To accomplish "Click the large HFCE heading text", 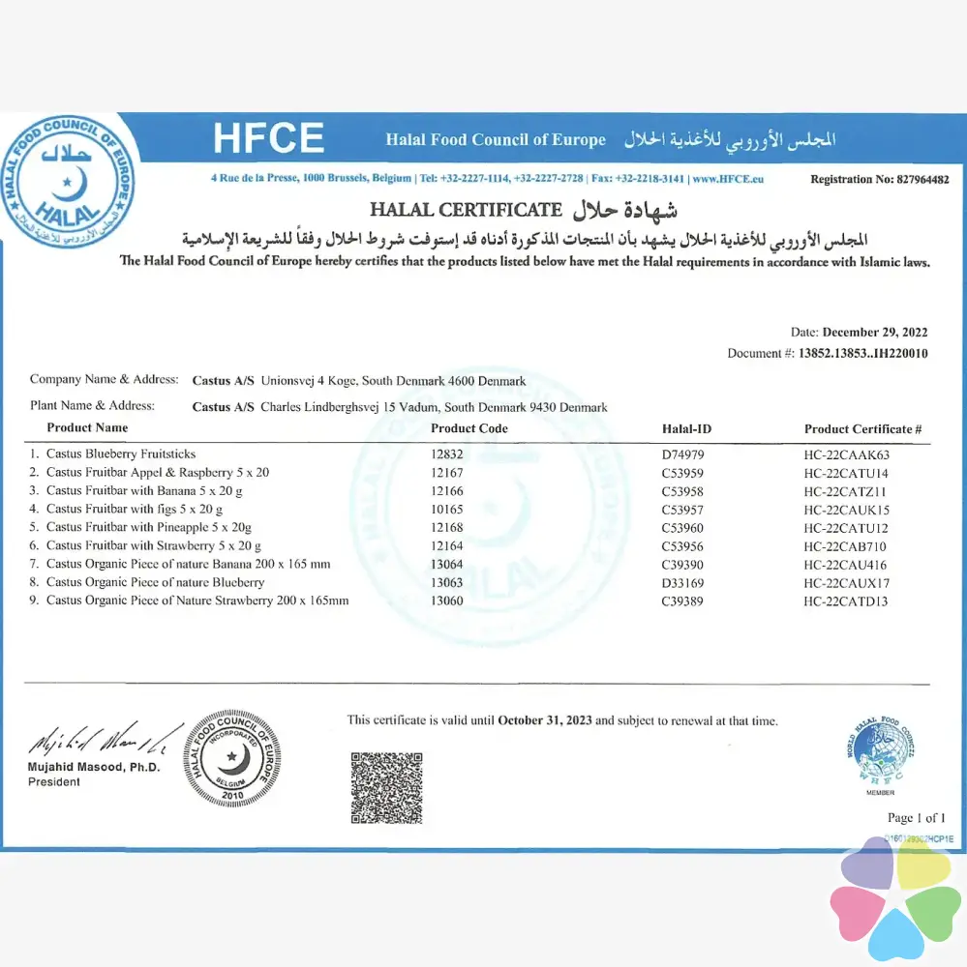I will pyautogui.click(x=268, y=138).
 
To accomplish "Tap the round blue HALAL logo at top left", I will pyautogui.click(x=68, y=181).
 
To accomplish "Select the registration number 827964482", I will pyautogui.click(x=907, y=179).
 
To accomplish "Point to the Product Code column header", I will pyautogui.click(x=468, y=428).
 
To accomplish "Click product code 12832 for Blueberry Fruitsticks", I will pyautogui.click(x=447, y=454).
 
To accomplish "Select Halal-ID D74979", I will pyautogui.click(x=682, y=454).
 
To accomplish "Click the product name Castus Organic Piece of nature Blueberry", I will pyautogui.click(x=155, y=582).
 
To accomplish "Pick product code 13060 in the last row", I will pyautogui.click(x=447, y=601).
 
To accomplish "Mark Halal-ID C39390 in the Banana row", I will pyautogui.click(x=682, y=564).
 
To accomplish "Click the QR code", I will pyautogui.click(x=386, y=787).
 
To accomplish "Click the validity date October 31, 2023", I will pyautogui.click(x=544, y=720).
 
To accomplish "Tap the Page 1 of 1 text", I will pyautogui.click(x=916, y=818).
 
